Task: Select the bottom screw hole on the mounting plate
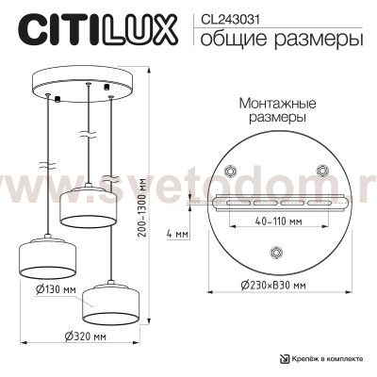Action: (275, 251)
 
